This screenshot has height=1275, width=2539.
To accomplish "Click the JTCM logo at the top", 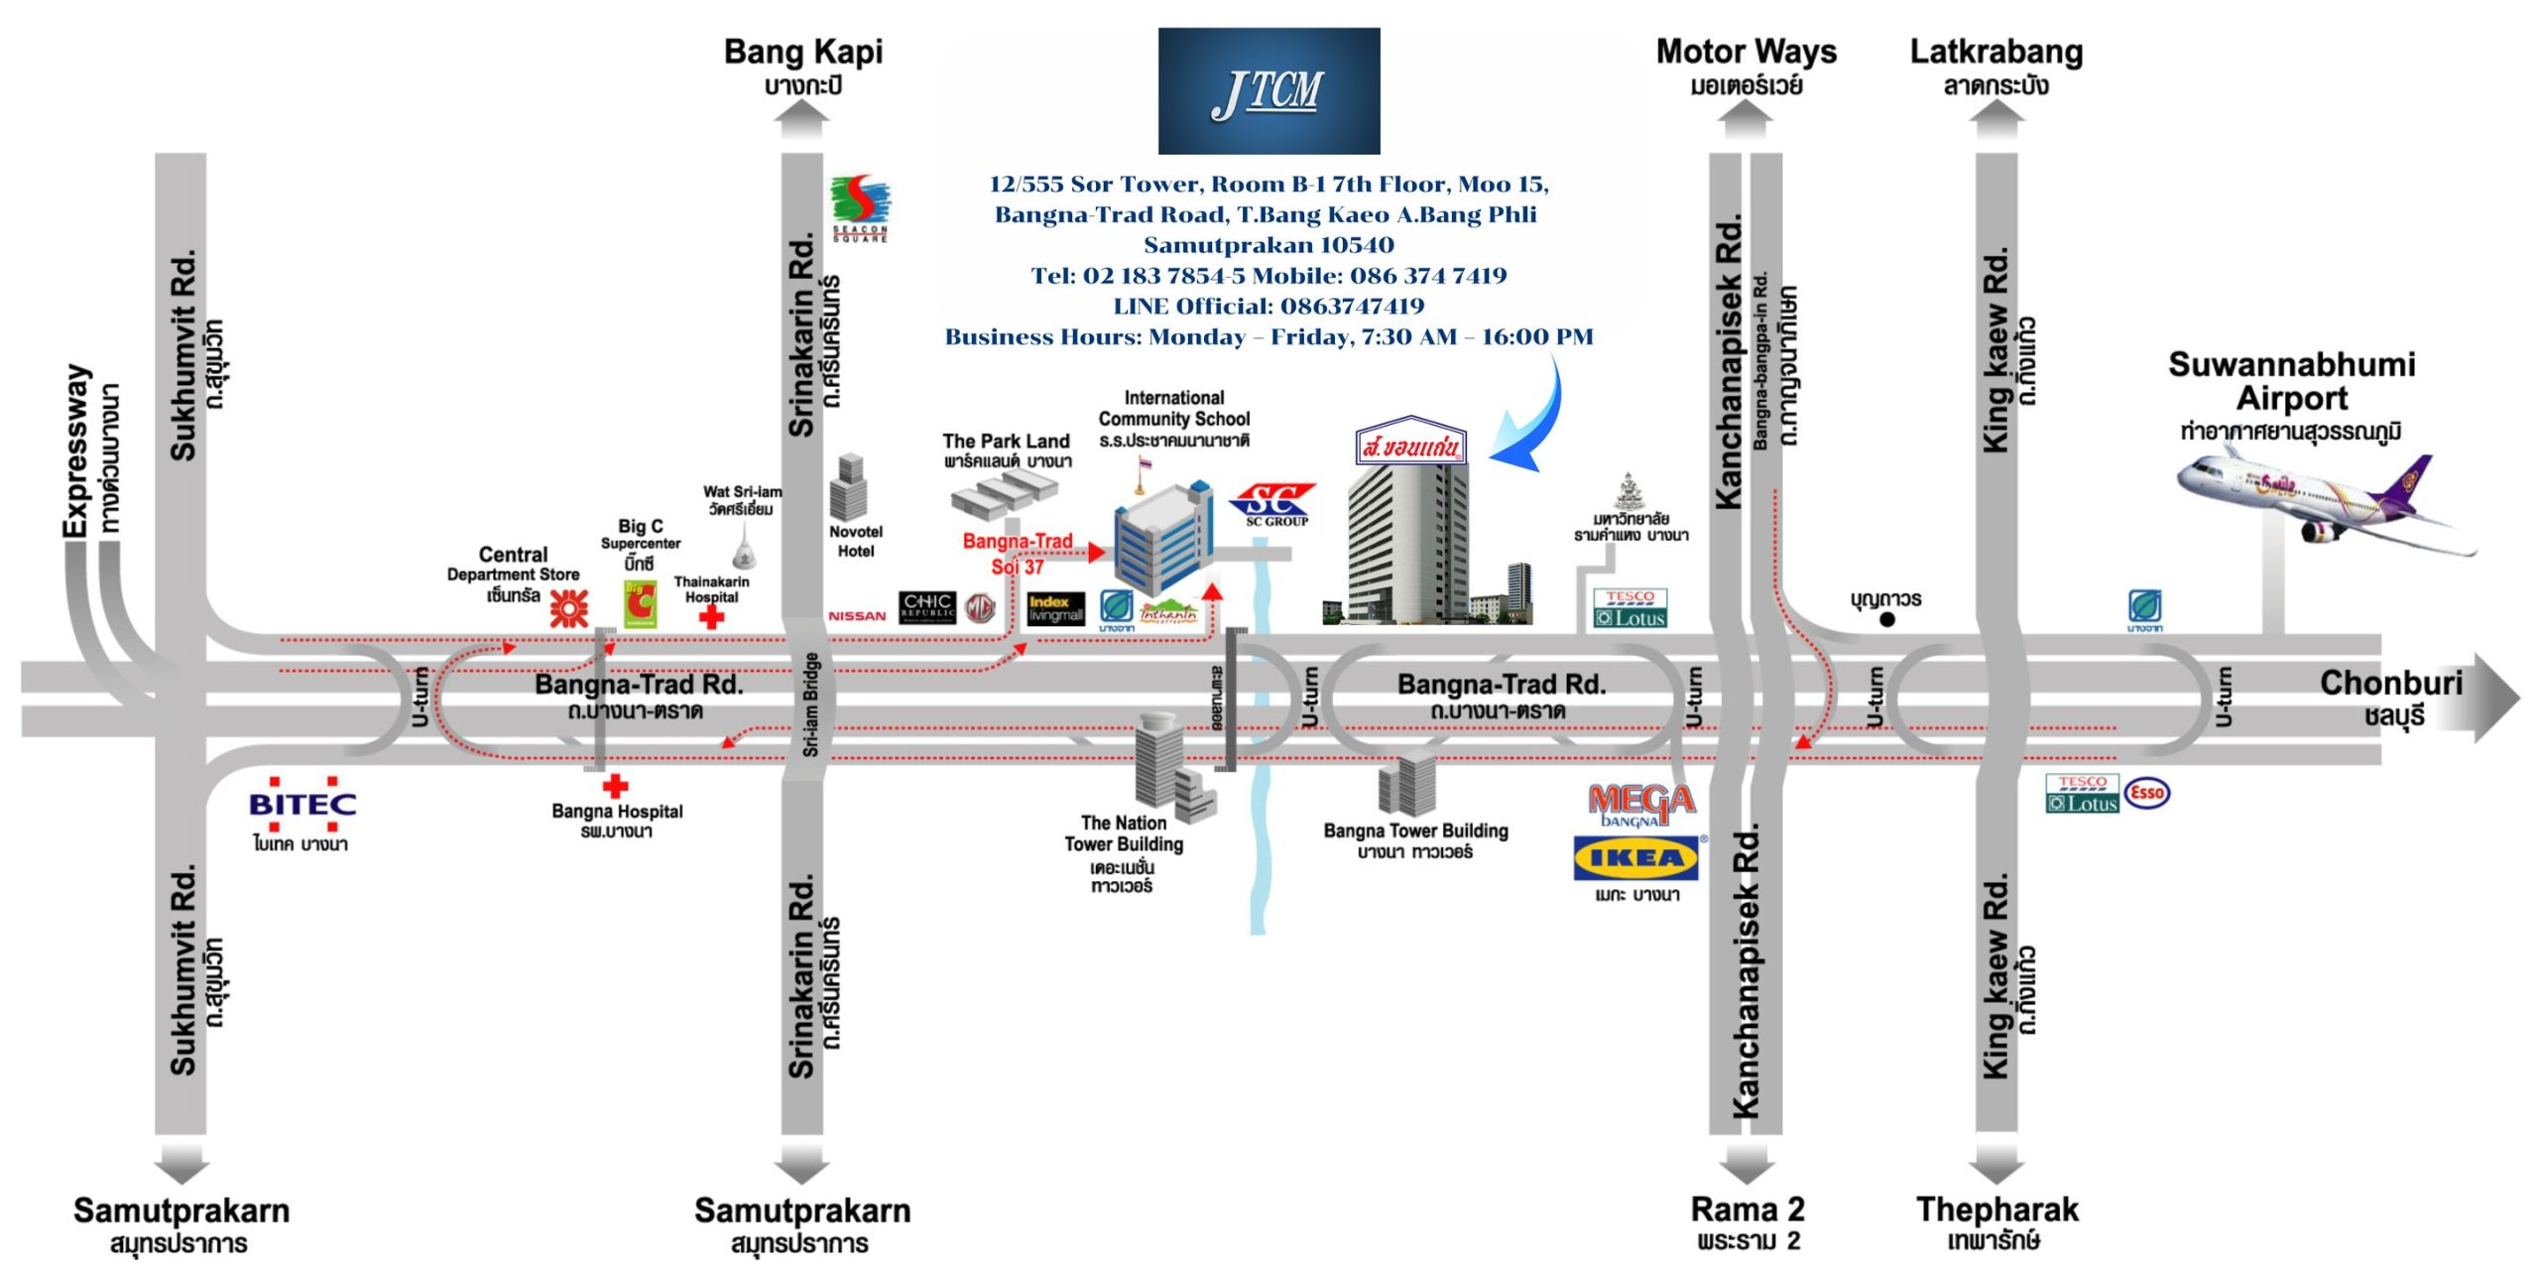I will point(1269,90).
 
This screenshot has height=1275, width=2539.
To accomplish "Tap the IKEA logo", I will point(1635,858).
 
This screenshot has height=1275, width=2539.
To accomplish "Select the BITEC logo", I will point(302,804).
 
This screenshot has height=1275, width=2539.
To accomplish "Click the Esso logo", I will point(2147,793).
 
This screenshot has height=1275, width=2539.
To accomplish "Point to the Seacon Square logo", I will point(860,207).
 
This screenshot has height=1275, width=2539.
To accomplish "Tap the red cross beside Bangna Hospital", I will point(616,786).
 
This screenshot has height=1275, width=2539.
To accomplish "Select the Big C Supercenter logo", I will point(640,603).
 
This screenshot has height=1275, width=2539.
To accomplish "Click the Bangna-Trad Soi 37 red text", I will point(1018,554).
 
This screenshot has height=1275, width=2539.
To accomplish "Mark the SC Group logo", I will point(1274,504).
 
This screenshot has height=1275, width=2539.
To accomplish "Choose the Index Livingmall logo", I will point(1055,608).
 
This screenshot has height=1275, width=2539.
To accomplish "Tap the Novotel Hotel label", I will point(856,541).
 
